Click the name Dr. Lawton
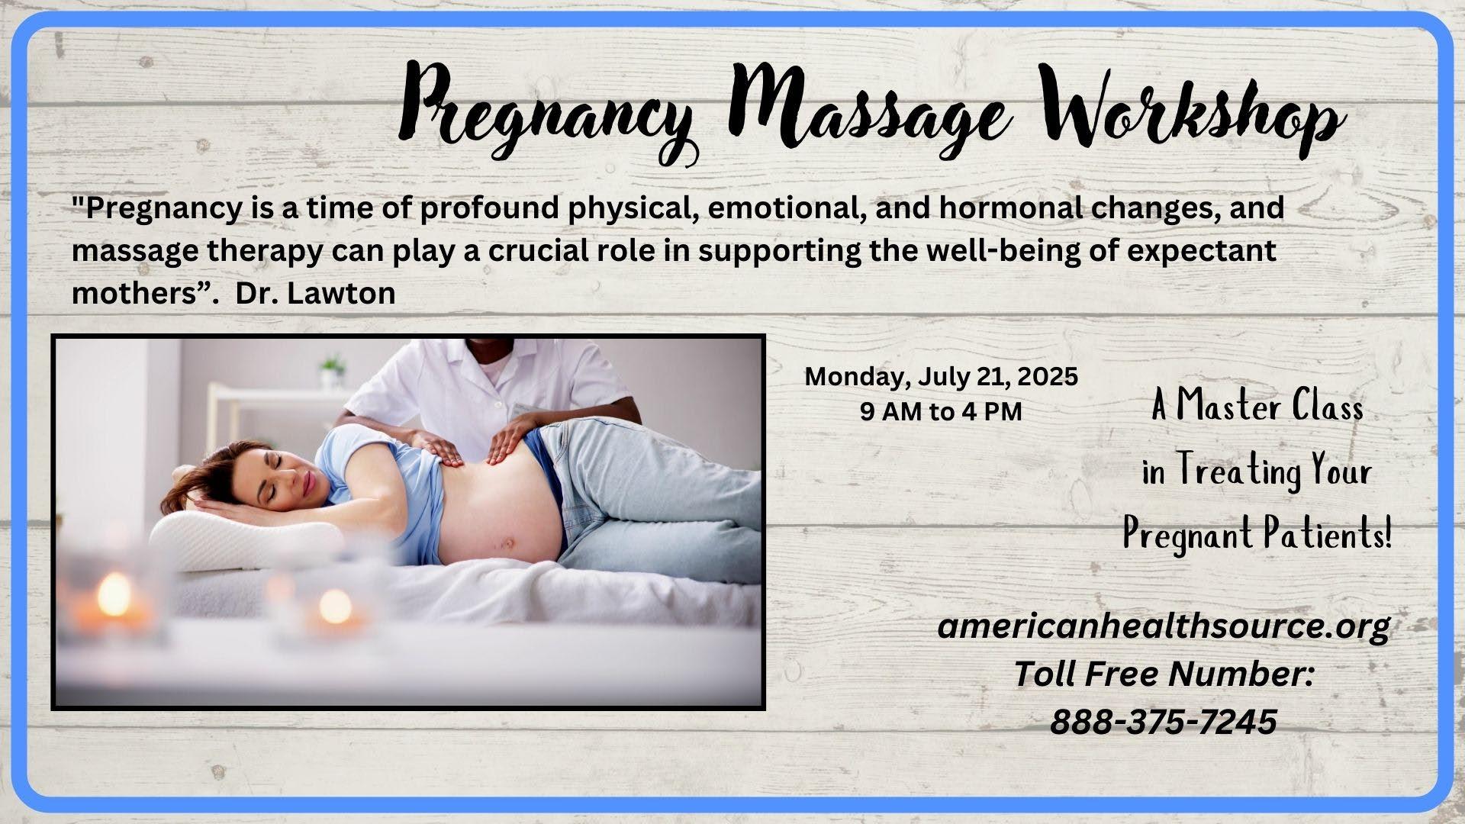point(316,294)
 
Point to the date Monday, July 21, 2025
point(942,377)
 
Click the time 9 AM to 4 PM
point(941,412)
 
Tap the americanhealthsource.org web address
point(1164,627)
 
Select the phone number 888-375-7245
point(1164,722)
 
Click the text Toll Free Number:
point(1164,674)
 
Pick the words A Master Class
point(1257,407)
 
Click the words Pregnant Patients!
point(1257,534)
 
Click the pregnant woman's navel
point(504,544)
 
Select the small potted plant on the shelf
point(330,372)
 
